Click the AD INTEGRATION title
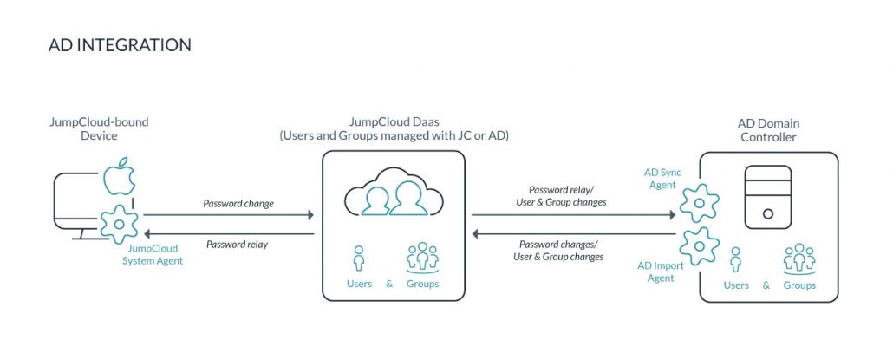[120, 44]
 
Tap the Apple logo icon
[120, 179]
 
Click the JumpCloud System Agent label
[153, 255]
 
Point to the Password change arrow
[229, 214]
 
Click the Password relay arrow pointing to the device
[229, 233]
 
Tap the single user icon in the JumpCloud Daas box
[358, 258]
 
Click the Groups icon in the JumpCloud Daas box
[422, 257]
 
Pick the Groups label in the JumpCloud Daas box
[422, 284]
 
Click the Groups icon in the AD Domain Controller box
[799, 259]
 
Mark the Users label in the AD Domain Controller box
[736, 285]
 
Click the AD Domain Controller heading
[768, 130]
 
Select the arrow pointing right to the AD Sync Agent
[573, 214]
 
